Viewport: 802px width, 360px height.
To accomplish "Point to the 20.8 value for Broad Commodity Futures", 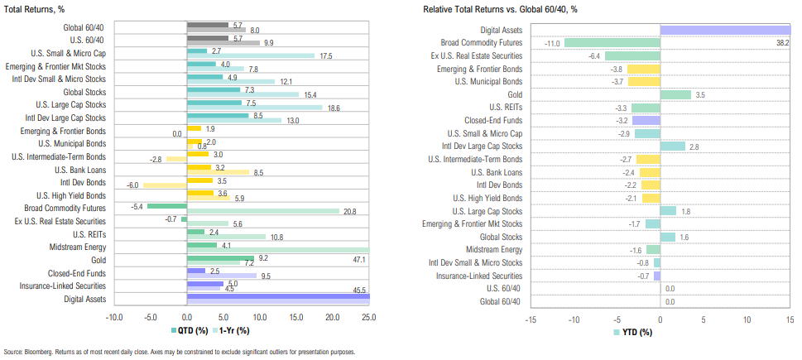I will coord(349,212).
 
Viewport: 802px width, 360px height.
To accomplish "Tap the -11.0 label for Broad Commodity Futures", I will coord(553,42).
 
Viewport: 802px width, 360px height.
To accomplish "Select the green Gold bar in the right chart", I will coord(675,94).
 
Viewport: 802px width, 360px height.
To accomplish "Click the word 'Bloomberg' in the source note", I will coord(39,352).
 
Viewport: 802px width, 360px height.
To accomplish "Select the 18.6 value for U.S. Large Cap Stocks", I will coord(334,108).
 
